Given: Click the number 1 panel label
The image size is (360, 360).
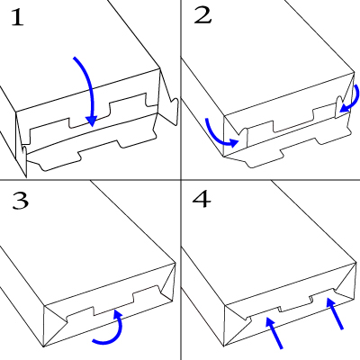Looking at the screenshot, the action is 17,18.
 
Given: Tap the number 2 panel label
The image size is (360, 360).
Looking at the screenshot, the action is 202,15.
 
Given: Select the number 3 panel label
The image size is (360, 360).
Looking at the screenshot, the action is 21,201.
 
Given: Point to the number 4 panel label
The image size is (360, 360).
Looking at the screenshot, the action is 202,199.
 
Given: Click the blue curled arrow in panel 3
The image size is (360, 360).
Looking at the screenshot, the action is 118,331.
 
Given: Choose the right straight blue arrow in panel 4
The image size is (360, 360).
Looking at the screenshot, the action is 335,313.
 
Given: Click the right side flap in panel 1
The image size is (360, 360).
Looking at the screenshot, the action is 167,96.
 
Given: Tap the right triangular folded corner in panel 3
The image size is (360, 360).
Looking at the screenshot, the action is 169,282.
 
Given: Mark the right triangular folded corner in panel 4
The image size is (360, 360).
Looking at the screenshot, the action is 348,282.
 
